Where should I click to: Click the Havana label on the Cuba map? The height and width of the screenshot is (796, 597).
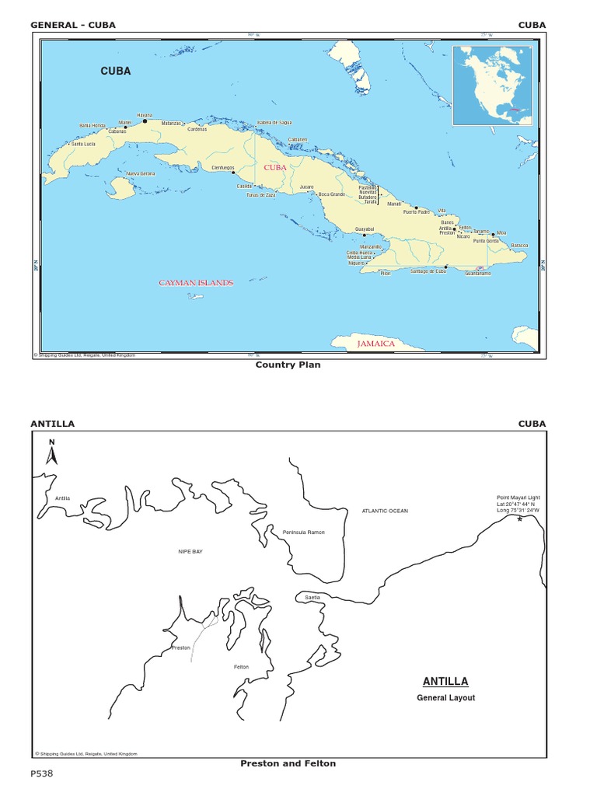pyautogui.click(x=145, y=115)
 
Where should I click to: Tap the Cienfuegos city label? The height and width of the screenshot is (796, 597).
pyautogui.click(x=223, y=167)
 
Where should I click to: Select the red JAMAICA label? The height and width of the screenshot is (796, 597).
pyautogui.click(x=376, y=343)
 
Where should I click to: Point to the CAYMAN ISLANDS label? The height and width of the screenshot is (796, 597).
pyautogui.click(x=196, y=283)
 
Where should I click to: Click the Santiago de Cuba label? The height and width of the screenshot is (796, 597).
pyautogui.click(x=428, y=271)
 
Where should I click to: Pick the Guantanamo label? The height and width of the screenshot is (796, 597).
pyautogui.click(x=478, y=274)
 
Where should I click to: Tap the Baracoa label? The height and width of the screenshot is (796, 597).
pyautogui.click(x=519, y=246)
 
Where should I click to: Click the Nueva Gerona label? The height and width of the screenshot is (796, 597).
pyautogui.click(x=141, y=173)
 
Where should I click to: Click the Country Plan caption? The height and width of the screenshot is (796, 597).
pyautogui.click(x=288, y=365)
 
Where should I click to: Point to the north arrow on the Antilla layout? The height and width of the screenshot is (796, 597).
pyautogui.click(x=52, y=453)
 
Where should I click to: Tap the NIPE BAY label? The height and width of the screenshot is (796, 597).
pyautogui.click(x=190, y=551)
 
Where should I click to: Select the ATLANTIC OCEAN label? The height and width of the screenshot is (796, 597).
pyautogui.click(x=385, y=511)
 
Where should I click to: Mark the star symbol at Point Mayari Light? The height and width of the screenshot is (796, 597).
pyautogui.click(x=519, y=518)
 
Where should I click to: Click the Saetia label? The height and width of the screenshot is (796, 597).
pyautogui.click(x=312, y=597)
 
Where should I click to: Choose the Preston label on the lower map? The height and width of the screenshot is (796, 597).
pyautogui.click(x=180, y=648)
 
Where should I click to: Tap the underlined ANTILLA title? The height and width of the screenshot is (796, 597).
pyautogui.click(x=445, y=682)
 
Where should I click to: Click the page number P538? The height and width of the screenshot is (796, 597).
pyautogui.click(x=42, y=774)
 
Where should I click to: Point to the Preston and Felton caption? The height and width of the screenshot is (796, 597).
pyautogui.click(x=288, y=763)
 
